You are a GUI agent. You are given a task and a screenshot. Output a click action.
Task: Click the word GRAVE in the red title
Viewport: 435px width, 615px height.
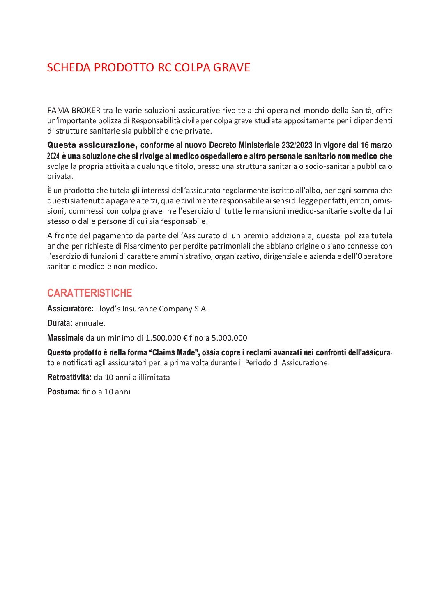point(232,67)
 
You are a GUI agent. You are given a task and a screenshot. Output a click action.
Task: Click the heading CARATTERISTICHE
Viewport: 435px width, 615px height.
point(90,293)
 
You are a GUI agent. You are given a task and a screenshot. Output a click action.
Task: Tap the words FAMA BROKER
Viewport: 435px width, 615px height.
point(74,111)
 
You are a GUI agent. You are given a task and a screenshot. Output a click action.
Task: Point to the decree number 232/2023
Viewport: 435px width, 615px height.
point(297,145)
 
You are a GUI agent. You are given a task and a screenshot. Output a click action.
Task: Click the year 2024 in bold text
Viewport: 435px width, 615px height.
point(53,157)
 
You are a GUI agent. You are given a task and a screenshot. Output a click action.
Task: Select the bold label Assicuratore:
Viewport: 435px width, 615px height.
point(70,309)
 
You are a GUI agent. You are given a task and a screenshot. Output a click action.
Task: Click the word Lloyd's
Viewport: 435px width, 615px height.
point(108,309)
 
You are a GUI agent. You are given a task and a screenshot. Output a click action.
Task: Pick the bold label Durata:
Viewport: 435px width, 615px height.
point(60,323)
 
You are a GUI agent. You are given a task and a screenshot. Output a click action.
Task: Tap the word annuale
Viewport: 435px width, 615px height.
point(90,323)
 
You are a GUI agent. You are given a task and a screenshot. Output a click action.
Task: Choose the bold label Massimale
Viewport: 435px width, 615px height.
point(65,338)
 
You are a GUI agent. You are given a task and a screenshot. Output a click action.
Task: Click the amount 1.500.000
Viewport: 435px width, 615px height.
point(163,338)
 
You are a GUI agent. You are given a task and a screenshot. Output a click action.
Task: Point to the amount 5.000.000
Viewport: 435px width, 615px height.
point(229,338)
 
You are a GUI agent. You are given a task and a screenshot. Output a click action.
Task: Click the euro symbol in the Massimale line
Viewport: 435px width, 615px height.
point(185,338)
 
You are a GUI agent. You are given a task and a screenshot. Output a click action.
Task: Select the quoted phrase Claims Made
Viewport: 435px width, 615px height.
point(173,352)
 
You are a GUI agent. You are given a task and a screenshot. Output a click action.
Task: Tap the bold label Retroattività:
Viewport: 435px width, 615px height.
point(69,377)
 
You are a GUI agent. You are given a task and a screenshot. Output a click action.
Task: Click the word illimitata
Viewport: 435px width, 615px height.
point(154,377)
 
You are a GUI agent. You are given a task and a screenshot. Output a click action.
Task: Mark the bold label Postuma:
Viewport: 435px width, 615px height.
point(63,392)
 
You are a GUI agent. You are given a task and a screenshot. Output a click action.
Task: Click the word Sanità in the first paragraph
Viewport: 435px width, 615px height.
point(361,111)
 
